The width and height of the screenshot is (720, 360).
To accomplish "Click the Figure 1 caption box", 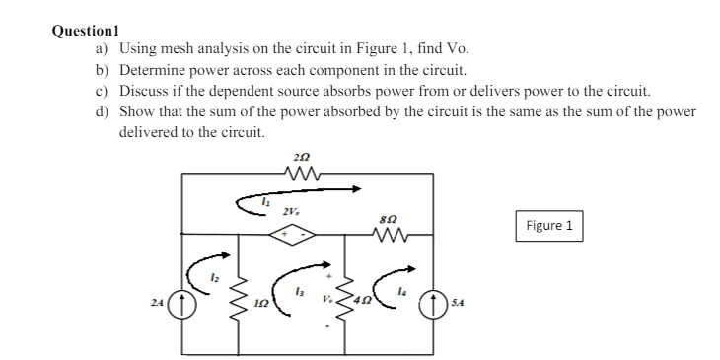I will tap(549, 226).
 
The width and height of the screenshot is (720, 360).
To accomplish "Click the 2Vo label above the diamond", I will tap(290, 212).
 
